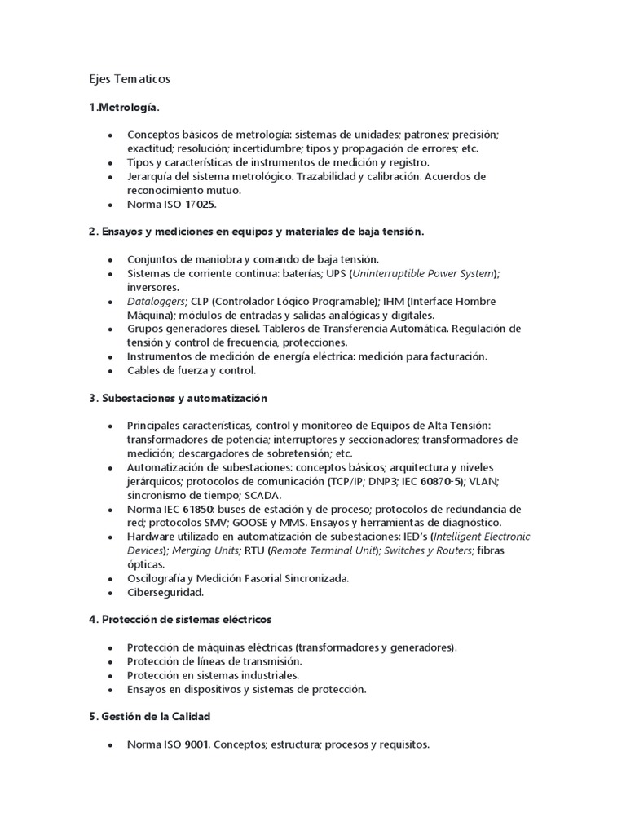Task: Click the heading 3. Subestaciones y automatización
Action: point(178,398)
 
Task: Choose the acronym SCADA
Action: point(260,496)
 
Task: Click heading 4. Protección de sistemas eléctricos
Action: point(180,620)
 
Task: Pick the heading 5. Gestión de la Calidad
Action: point(150,717)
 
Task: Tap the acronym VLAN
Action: point(484,482)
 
